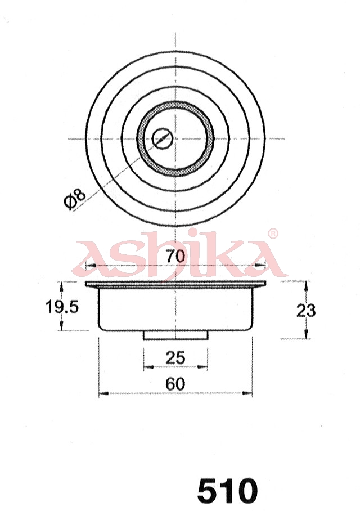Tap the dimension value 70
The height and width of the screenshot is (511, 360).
pos(175,256)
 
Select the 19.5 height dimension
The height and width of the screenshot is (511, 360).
pos(61,307)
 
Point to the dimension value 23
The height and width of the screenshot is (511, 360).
pos(306,310)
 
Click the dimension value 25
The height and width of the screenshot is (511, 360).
pos(175,357)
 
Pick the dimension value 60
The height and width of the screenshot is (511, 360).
pos(175,384)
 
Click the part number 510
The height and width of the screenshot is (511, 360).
pos(227,491)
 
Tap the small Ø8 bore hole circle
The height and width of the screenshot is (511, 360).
pos(162,138)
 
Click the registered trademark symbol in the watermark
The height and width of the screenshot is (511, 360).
pos(272,234)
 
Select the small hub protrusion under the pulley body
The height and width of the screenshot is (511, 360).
pos(175,335)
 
